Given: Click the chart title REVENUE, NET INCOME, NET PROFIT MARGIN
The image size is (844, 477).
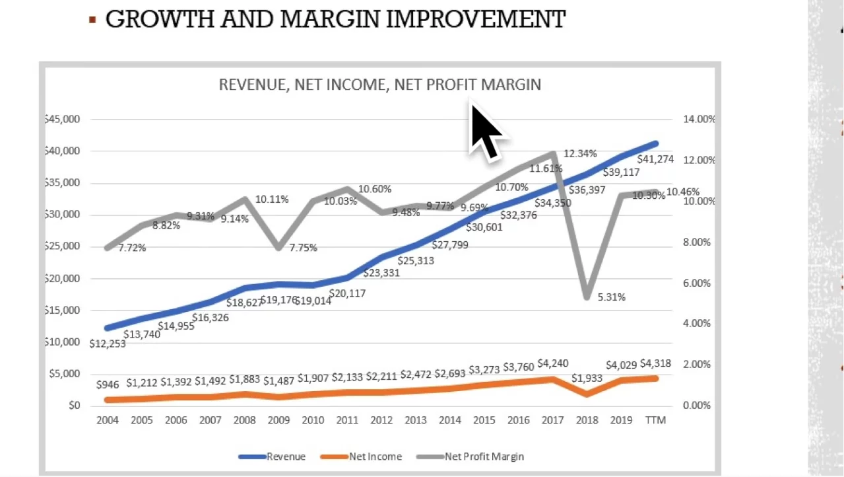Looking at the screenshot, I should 379,85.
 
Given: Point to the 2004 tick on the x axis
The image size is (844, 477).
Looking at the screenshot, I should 108,420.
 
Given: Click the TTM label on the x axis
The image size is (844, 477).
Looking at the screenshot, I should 656,420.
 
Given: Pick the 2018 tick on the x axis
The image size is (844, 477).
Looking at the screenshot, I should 587,420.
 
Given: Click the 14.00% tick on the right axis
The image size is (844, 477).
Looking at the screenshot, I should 699,120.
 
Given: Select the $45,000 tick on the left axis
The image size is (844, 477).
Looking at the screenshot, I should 63,120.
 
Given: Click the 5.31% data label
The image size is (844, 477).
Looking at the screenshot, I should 611,297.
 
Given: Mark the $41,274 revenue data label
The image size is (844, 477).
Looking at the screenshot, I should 655,159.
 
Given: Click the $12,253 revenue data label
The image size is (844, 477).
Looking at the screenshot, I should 108,343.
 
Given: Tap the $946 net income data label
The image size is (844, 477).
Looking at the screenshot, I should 108,385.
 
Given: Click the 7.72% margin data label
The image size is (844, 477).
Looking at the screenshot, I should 132,248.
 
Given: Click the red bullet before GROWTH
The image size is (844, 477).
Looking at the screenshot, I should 92,20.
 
